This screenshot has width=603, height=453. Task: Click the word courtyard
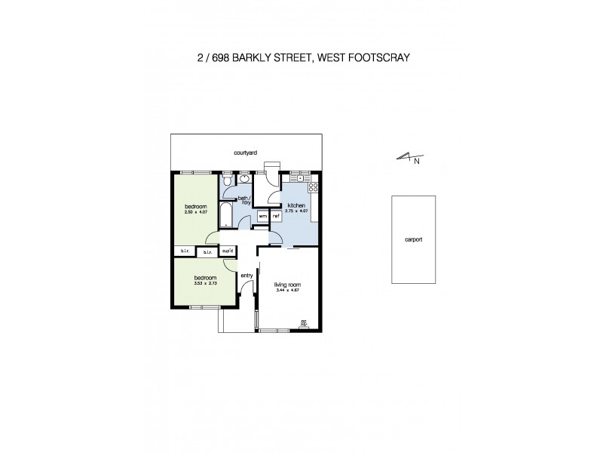point(246,153)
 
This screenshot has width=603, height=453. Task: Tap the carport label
point(413,239)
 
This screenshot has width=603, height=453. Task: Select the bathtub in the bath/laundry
point(226,215)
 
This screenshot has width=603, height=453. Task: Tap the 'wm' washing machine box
point(262,217)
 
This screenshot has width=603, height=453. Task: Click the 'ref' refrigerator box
point(276,217)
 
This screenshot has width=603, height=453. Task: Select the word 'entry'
point(246,276)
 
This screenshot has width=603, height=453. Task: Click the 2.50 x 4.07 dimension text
point(194,211)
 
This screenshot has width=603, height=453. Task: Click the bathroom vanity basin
point(245,181)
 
